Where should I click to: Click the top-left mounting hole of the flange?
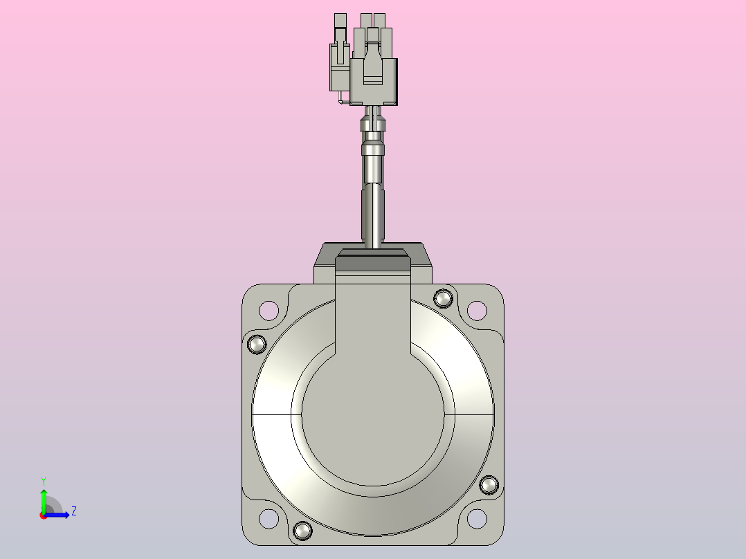[x=269, y=311]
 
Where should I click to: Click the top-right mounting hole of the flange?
[x=477, y=311]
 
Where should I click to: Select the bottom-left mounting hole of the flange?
[x=269, y=519]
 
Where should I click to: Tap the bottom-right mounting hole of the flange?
[x=477, y=519]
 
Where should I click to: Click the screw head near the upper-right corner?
[x=444, y=299]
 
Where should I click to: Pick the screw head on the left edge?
[x=257, y=344]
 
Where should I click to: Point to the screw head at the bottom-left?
[x=302, y=531]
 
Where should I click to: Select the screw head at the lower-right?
[x=489, y=485]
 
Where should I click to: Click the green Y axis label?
[x=44, y=482]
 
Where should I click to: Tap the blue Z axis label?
[x=74, y=511]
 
